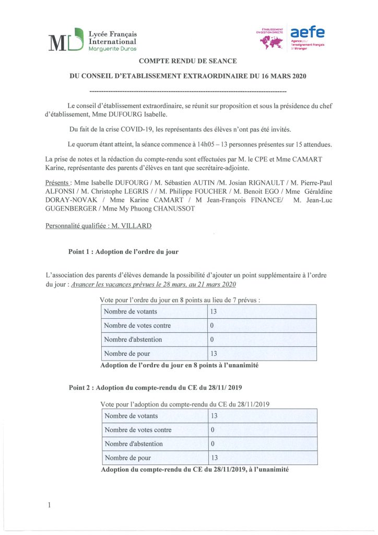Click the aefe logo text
coord(308,32)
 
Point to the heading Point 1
coord(123,251)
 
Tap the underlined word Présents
coord(57,182)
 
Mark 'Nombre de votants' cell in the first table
coord(131,312)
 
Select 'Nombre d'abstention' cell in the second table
coord(134,444)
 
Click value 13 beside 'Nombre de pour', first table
coord(214,354)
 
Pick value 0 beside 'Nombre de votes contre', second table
coord(212,430)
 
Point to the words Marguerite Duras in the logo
coord(112,49)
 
